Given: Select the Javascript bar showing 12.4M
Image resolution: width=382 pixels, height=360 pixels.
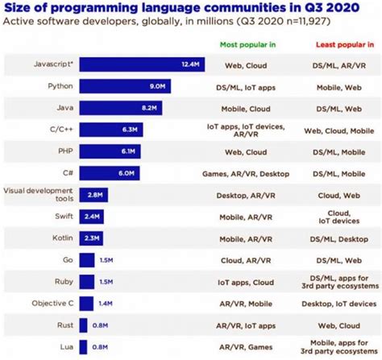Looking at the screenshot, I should click(142, 64).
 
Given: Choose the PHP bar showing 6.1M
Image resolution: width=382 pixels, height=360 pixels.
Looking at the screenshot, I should click(110, 151).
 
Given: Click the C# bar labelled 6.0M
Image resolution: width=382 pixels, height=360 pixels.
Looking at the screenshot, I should click(109, 172).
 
